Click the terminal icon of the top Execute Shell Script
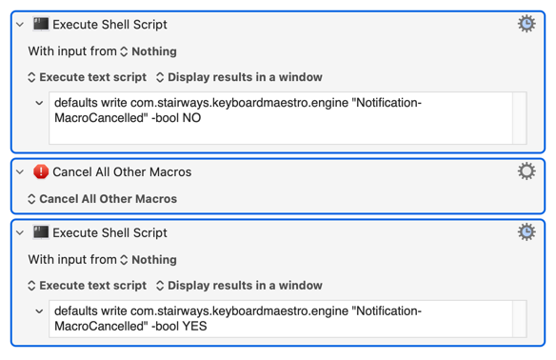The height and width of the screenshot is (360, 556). pos(41,24)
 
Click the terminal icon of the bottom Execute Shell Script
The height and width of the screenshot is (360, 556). pos(41,232)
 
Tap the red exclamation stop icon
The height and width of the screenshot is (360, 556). pos(41,171)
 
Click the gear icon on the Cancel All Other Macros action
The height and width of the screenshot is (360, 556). pos(526,171)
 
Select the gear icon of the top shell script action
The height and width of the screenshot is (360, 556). pos(526,24)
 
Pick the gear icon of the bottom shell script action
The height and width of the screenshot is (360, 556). pos(526,232)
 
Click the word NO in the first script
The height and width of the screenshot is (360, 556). pos(191,118)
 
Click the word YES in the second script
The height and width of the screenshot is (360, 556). pos(194,326)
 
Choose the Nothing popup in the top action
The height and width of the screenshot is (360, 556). pos(149,51)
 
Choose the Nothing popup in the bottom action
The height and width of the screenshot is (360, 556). pos(149,260)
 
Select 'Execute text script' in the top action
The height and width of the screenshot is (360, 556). pos(88,77)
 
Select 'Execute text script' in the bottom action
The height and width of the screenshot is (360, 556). pos(88,285)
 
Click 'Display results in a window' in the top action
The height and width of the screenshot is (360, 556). pos(239,77)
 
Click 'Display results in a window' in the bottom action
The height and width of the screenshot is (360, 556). pos(239,285)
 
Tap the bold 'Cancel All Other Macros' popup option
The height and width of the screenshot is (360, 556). pos(103,199)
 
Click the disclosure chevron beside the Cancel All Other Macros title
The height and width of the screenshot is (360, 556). pos(20,172)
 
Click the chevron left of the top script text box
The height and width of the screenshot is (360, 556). pos(39,103)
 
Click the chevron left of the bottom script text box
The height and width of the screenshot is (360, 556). pos(39,311)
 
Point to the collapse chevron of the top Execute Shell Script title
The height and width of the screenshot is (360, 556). pos(20,25)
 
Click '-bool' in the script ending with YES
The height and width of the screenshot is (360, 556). pos(165,326)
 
